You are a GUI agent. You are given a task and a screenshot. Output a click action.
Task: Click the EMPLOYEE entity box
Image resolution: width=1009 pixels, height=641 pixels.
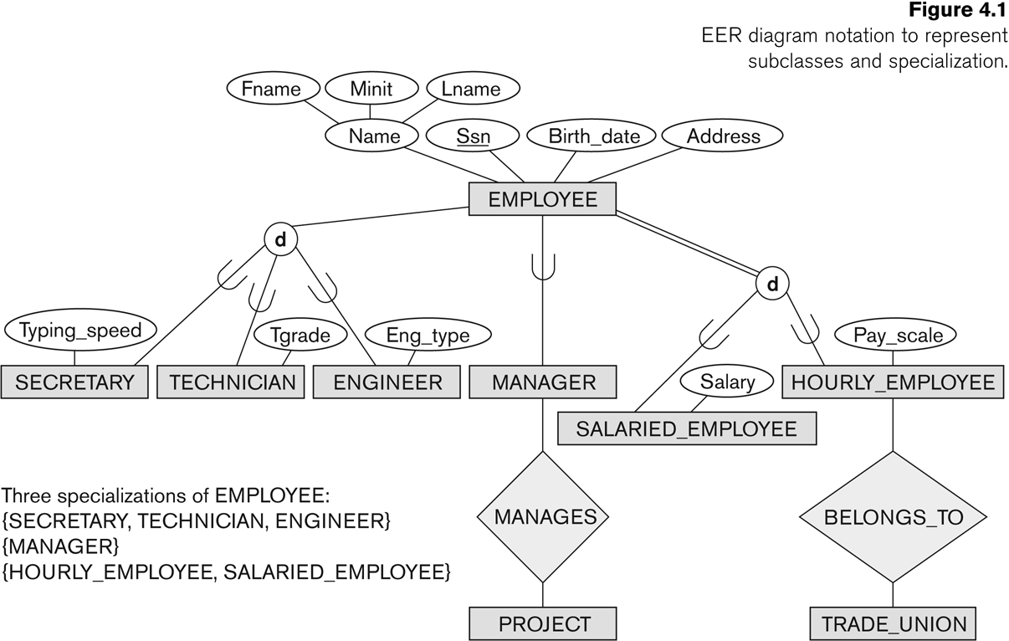[542, 199]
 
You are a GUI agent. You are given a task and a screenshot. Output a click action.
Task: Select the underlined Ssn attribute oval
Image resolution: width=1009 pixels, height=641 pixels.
[473, 136]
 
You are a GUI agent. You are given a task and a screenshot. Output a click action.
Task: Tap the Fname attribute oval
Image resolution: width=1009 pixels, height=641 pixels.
[273, 89]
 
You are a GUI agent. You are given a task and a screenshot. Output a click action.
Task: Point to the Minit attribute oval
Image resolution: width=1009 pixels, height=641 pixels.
[371, 89]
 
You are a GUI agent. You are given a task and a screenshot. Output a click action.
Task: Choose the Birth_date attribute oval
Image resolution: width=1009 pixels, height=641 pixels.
[591, 136]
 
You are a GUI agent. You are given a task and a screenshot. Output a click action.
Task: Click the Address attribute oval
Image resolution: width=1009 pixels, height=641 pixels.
[723, 136]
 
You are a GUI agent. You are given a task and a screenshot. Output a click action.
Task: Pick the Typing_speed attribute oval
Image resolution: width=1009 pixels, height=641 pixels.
[80, 330]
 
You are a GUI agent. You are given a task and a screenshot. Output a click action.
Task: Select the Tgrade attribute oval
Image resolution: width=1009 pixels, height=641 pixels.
[300, 335]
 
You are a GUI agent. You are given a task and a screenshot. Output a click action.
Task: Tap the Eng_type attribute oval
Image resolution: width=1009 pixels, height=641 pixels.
[428, 335]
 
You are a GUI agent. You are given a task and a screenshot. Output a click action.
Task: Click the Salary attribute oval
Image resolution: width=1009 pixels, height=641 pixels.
[726, 381]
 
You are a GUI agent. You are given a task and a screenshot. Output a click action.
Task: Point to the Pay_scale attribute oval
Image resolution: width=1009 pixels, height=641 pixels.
[895, 335]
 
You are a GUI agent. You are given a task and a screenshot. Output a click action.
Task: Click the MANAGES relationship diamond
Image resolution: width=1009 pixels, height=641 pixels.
[543, 516]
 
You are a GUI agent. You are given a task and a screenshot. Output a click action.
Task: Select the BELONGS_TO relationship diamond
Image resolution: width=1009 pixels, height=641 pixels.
[894, 516]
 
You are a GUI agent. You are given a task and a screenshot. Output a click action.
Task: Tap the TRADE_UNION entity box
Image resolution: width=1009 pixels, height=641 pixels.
[893, 624]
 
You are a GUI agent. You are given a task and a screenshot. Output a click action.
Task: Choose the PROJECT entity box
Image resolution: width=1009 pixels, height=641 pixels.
[543, 624]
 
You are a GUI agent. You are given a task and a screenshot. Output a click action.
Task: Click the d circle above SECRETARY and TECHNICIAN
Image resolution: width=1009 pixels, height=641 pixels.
[280, 239]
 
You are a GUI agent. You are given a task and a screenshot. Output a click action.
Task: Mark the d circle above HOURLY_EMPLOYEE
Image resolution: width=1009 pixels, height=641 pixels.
[772, 284]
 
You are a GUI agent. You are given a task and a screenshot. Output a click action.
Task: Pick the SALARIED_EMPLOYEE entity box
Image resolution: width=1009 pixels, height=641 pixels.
[687, 428]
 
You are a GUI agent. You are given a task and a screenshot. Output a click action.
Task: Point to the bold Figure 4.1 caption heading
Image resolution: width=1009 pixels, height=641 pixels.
[958, 10]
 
